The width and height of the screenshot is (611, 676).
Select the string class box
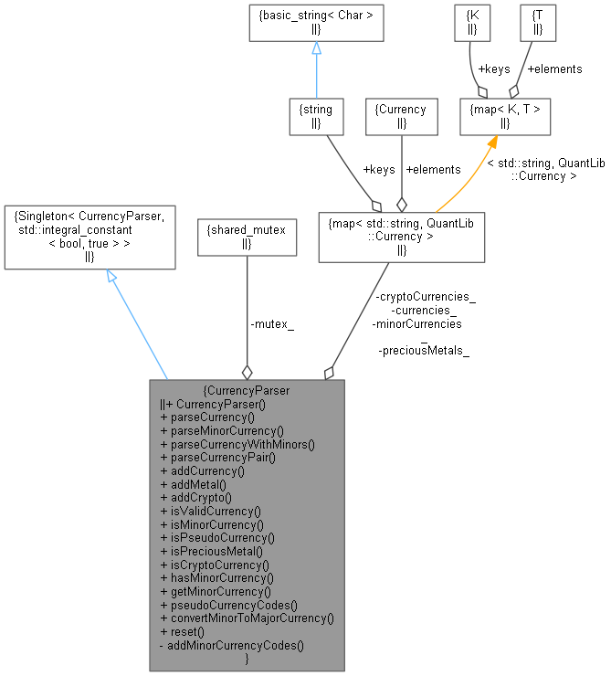315,116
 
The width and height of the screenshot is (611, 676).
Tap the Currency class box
401,116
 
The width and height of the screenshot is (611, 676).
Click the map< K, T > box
504,116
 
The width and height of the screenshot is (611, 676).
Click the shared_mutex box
247,237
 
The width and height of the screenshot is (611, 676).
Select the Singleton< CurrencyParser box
90,237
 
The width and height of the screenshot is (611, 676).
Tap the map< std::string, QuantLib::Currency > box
401,237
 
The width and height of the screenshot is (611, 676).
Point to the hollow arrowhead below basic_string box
316,51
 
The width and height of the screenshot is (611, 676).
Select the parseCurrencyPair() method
217,458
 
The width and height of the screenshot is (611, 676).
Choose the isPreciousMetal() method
211,551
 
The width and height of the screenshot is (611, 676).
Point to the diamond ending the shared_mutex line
247,372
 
